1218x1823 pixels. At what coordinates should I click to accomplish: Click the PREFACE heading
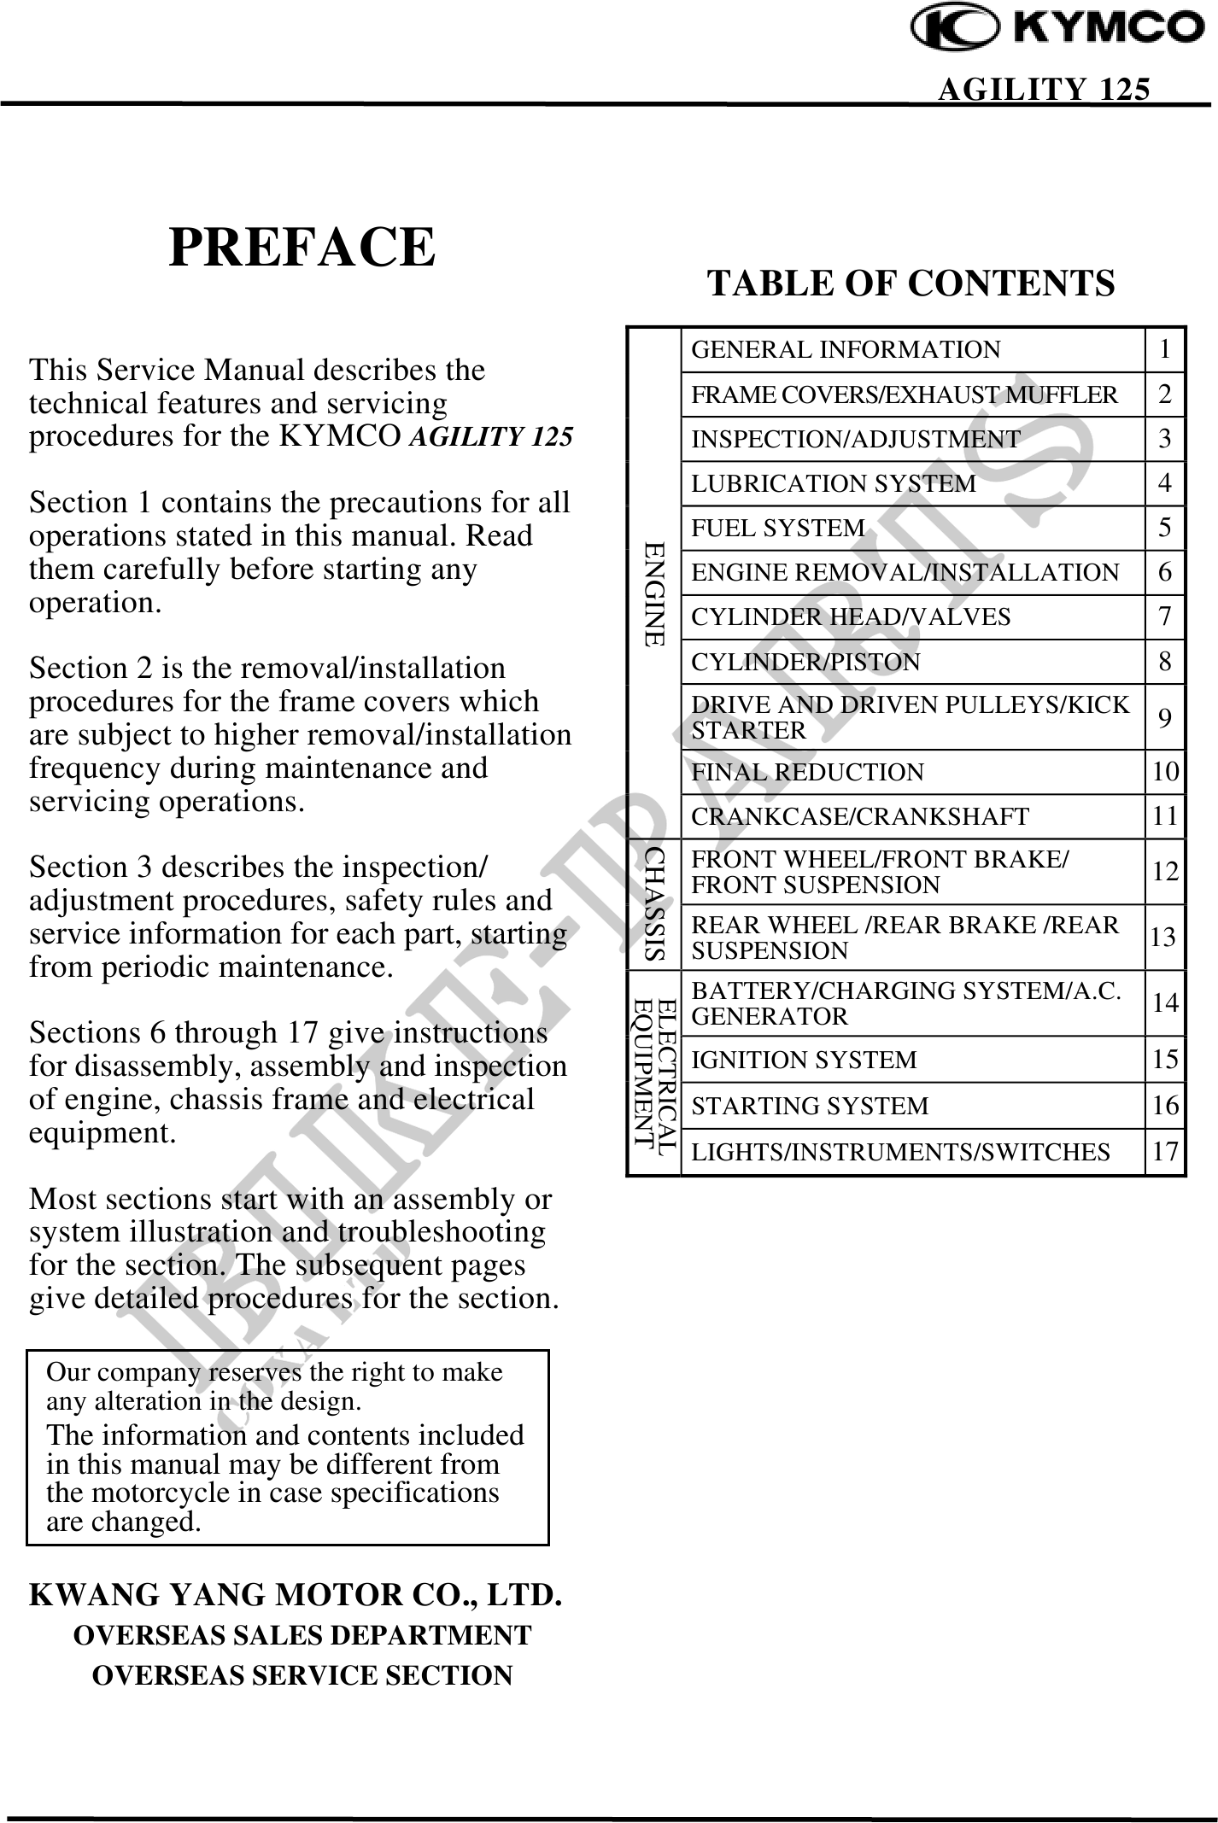tap(302, 248)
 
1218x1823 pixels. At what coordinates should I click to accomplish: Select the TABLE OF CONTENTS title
tap(911, 283)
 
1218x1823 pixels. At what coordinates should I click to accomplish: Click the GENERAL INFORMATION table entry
tap(845, 350)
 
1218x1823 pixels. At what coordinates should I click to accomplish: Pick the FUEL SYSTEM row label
tap(777, 528)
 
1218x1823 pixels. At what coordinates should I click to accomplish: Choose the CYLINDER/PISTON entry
tap(805, 662)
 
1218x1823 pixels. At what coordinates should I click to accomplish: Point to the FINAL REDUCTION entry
tap(807, 772)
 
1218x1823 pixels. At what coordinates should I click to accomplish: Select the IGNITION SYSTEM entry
tap(803, 1060)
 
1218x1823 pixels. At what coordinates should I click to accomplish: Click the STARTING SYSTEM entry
tap(809, 1106)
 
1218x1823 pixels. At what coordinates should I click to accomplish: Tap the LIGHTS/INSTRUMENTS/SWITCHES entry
tap(900, 1152)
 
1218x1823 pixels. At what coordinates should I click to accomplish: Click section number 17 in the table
tap(1165, 1151)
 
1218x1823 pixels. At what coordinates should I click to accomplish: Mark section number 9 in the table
tap(1165, 718)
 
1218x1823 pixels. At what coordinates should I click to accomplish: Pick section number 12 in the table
tap(1165, 872)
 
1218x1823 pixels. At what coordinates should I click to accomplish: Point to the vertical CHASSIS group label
tap(654, 904)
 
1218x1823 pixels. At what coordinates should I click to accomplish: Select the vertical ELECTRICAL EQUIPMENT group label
tap(654, 1072)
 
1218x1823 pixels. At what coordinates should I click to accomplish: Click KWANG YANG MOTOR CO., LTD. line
tap(296, 1594)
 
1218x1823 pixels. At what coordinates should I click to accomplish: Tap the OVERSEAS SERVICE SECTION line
tap(302, 1674)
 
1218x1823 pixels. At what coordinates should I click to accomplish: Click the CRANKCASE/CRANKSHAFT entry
tap(859, 816)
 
